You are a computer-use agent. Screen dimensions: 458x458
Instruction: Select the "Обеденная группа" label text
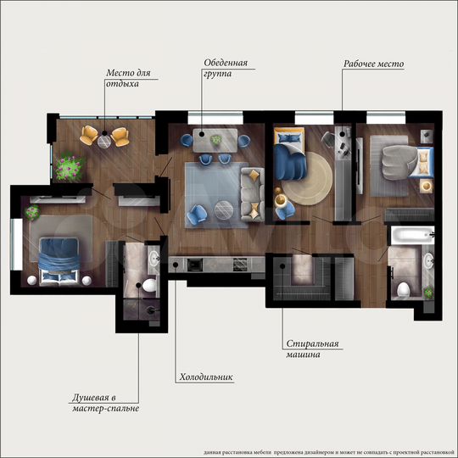(x=225, y=68)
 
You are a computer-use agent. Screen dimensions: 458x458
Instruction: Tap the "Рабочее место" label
(x=373, y=64)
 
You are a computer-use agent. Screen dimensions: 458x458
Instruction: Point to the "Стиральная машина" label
(x=312, y=349)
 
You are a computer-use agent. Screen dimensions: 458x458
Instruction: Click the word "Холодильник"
(x=206, y=377)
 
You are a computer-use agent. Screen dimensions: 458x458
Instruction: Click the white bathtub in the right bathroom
(x=411, y=232)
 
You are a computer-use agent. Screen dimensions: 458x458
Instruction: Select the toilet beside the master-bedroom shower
(x=149, y=286)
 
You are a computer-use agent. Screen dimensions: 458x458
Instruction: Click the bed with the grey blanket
(x=399, y=159)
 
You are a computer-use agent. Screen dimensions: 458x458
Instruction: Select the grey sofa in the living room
(x=252, y=193)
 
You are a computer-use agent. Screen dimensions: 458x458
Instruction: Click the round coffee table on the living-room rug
(x=224, y=206)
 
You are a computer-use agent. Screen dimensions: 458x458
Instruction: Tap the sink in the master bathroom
(x=154, y=255)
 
